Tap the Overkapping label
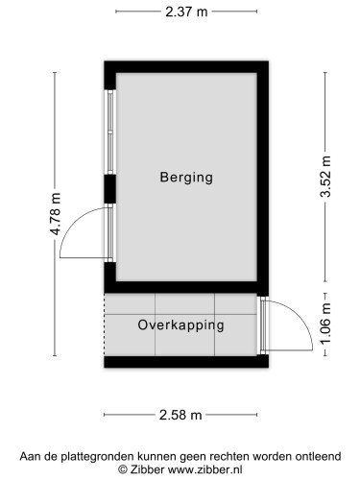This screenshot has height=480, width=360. tap(180, 324)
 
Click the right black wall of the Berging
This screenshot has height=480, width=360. tap(262, 178)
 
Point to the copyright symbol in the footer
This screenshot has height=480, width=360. tap(123, 469)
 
